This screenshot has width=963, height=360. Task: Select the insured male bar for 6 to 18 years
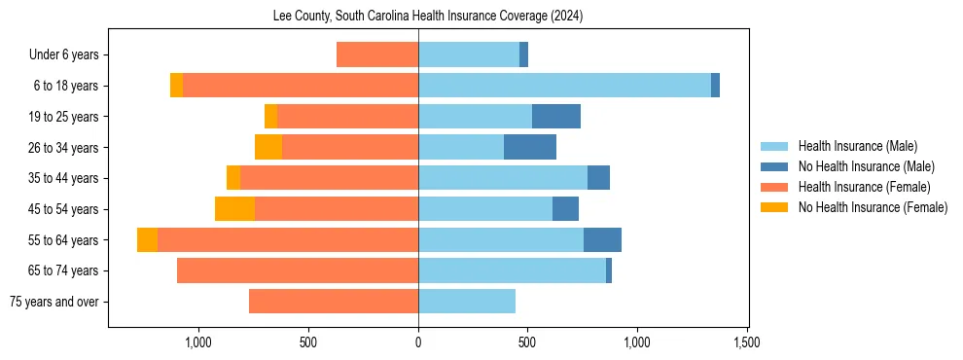[564, 86]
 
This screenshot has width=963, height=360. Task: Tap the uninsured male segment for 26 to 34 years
[530, 147]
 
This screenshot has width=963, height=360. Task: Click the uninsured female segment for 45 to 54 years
[234, 209]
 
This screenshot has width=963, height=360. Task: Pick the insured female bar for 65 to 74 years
[298, 270]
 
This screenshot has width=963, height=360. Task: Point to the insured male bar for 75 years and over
[467, 302]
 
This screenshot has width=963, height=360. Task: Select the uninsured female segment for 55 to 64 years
[147, 240]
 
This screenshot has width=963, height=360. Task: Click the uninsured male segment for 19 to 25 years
[556, 117]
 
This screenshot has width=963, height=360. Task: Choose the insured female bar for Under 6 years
[377, 54]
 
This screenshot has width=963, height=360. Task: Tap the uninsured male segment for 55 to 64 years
[602, 240]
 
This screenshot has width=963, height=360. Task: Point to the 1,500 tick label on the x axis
[747, 342]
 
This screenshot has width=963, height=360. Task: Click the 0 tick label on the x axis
[418, 342]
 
